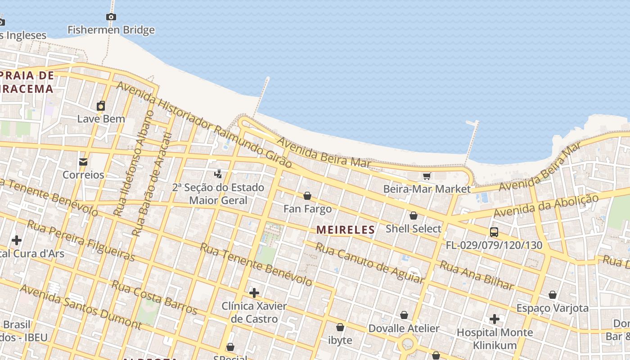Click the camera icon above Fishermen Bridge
(x=111, y=17)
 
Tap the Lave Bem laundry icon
(x=101, y=106)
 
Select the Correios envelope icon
(x=83, y=162)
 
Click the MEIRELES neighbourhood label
(x=346, y=230)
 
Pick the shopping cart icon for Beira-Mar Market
(x=427, y=176)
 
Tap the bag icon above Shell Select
(x=413, y=216)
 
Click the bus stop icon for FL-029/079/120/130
(x=494, y=233)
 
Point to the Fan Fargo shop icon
(x=307, y=196)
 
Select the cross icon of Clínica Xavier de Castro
(x=254, y=293)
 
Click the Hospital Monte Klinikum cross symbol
(x=495, y=319)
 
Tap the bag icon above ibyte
(x=340, y=328)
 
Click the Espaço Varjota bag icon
(x=553, y=295)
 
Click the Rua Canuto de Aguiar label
(x=369, y=263)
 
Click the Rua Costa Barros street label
(x=154, y=297)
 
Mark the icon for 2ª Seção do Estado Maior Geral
(x=218, y=174)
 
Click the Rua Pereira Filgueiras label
(x=81, y=241)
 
